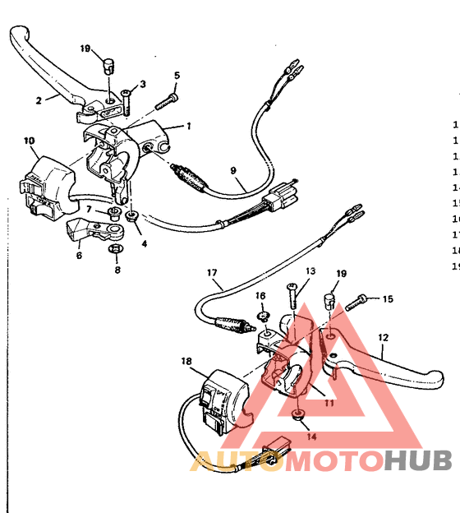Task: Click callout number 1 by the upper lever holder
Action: (188, 126)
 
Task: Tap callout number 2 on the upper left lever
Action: (38, 99)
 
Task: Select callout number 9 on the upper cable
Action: (233, 170)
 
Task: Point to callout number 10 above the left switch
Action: (30, 141)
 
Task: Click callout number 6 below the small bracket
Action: (79, 256)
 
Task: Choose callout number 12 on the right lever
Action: (383, 337)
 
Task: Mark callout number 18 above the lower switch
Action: (186, 361)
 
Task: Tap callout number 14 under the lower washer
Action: (310, 436)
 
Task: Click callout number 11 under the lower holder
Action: (329, 404)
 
